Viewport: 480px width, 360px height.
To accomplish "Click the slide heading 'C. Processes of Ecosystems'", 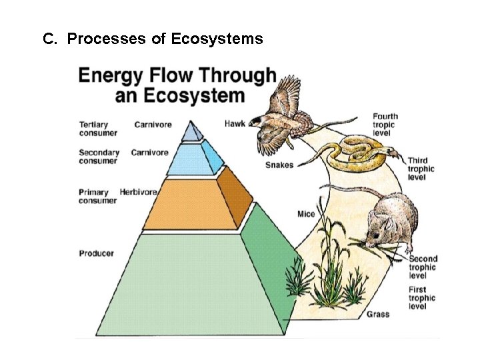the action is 153,39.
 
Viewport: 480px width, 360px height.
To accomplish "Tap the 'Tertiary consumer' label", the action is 98,129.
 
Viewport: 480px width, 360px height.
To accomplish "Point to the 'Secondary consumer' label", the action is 99,157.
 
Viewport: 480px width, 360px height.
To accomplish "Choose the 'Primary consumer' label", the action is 97,197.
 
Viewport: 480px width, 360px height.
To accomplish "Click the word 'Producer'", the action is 96,253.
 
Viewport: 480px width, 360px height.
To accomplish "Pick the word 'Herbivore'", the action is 138,193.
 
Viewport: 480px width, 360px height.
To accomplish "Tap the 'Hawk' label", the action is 235,123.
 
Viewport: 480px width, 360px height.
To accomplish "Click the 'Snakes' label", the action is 279,165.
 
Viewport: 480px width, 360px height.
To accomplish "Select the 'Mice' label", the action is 305,214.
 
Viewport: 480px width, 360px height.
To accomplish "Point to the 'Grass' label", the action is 378,313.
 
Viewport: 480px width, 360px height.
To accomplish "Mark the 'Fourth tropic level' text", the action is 384,125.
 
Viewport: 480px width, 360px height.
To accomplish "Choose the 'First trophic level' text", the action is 422,298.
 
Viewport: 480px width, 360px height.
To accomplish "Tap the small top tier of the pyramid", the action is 192,132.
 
